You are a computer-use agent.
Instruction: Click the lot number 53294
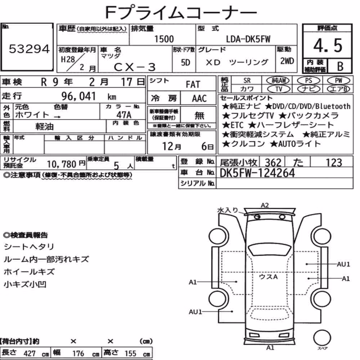click(x=29, y=49)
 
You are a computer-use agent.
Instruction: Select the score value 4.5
click(x=328, y=45)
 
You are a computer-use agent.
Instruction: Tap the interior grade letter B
click(x=340, y=66)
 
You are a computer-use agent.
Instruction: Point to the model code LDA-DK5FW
click(x=248, y=39)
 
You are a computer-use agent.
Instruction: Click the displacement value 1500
click(x=164, y=39)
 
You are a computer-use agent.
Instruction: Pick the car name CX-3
click(x=135, y=67)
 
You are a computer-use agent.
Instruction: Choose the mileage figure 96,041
click(x=78, y=96)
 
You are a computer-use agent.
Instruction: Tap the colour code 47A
click(x=124, y=114)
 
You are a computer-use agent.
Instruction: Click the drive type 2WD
click(x=287, y=61)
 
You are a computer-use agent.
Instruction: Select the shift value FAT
click(x=193, y=85)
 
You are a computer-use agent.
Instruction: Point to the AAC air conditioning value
click(x=199, y=99)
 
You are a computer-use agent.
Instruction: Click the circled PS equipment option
click(x=309, y=81)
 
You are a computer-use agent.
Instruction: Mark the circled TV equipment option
click(x=279, y=89)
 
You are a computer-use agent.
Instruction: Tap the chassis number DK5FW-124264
click(x=257, y=173)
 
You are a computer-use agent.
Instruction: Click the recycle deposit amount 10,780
click(x=62, y=164)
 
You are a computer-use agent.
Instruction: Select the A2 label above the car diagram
click(x=265, y=205)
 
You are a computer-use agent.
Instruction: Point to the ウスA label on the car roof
click(x=268, y=276)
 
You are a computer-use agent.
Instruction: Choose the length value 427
click(x=30, y=354)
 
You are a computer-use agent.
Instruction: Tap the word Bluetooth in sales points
click(x=333, y=106)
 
